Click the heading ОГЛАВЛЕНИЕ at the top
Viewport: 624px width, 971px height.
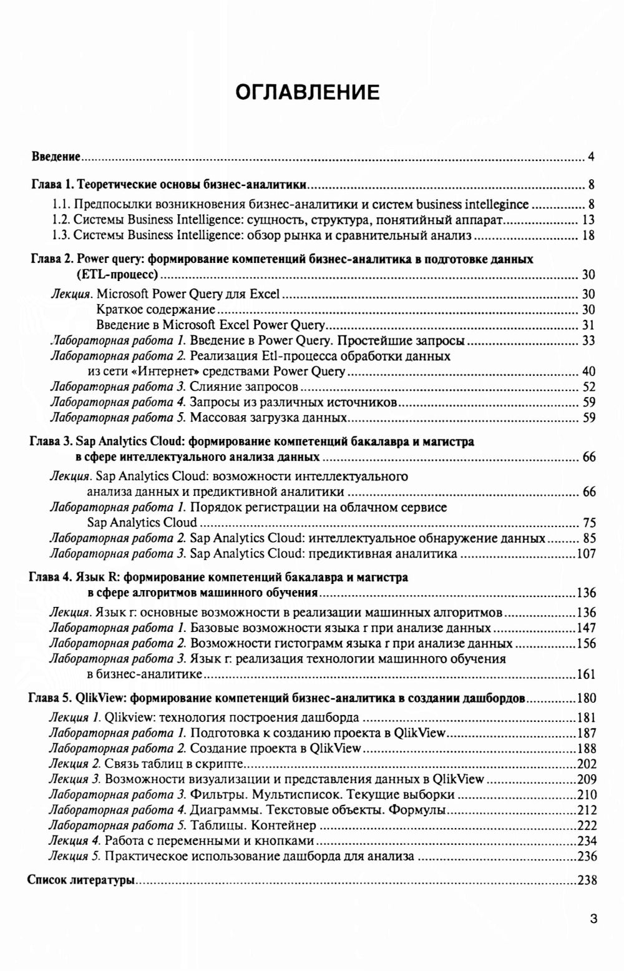click(307, 92)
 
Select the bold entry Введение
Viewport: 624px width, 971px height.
click(56, 156)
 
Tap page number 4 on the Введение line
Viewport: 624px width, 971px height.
click(590, 156)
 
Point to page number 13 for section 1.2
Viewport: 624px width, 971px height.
click(588, 220)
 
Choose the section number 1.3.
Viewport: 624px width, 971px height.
click(61, 235)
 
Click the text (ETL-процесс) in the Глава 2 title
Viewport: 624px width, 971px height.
click(117, 274)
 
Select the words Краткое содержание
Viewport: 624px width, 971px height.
click(156, 310)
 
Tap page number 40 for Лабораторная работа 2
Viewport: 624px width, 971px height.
click(588, 372)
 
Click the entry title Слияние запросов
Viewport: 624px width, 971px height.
click(244, 387)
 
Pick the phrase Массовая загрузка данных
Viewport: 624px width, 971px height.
click(269, 418)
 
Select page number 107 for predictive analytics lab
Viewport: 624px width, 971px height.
click(585, 554)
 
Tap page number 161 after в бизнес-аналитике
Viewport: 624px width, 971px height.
click(585, 674)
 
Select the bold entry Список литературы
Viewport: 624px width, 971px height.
click(82, 880)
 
